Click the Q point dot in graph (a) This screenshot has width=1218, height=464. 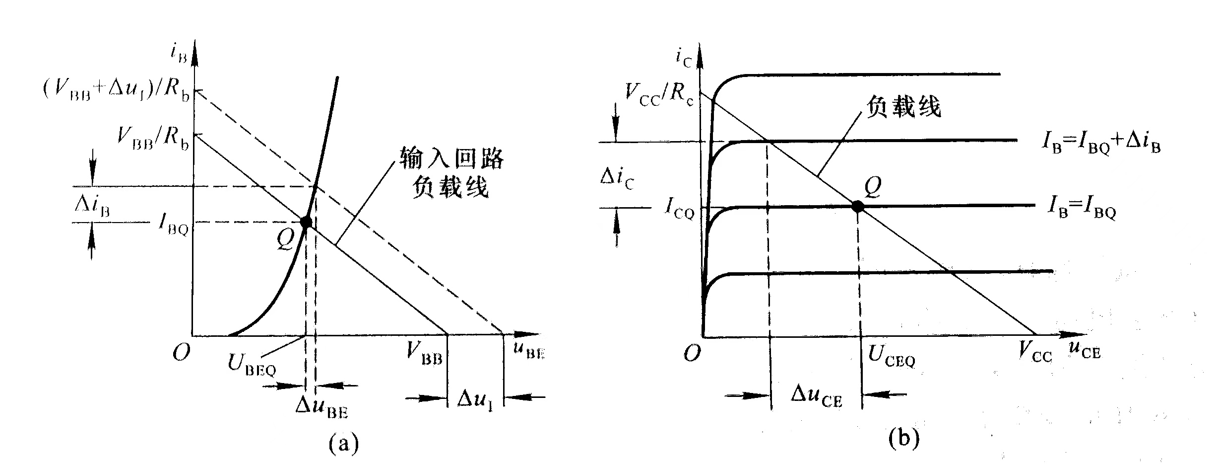click(x=306, y=222)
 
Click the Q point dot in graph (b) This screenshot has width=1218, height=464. click(x=857, y=206)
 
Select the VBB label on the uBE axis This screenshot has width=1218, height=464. click(x=424, y=354)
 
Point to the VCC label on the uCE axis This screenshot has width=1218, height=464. click(x=1035, y=353)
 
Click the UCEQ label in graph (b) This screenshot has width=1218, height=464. click(x=892, y=356)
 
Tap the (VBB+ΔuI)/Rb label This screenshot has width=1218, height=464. click(x=117, y=91)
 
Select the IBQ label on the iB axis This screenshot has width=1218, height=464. click(x=173, y=225)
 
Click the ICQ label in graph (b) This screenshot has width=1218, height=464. click(x=679, y=209)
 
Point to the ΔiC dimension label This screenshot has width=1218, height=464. click(x=617, y=177)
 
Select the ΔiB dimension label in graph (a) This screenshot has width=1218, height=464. click(x=92, y=205)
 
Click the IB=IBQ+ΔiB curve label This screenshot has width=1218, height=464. click(x=1100, y=144)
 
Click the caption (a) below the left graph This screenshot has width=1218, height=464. click(x=343, y=443)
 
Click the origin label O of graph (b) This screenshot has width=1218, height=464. click(x=692, y=353)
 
